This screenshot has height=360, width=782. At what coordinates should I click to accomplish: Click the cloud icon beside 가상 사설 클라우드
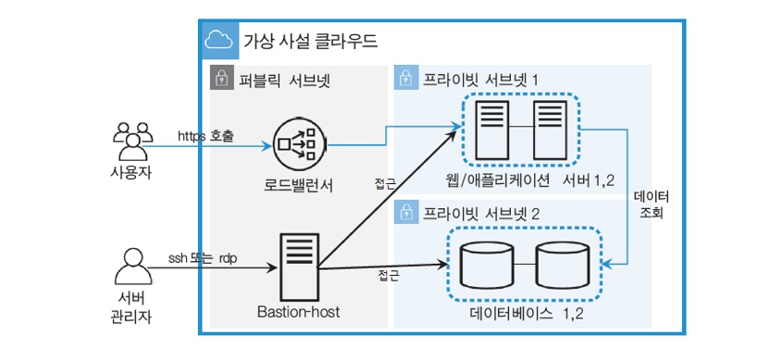click(219, 41)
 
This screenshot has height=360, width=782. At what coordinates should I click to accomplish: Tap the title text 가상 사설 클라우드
click(310, 41)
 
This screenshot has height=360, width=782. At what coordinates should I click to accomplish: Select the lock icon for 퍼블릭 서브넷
click(219, 78)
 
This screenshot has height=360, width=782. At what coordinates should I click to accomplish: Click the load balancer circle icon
click(299, 145)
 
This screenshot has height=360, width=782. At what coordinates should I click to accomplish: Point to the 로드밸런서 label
click(298, 186)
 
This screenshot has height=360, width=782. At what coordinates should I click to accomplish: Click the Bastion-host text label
click(299, 312)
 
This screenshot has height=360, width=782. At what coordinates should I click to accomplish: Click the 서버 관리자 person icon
click(133, 267)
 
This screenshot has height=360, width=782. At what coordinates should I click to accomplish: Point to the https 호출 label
click(205, 136)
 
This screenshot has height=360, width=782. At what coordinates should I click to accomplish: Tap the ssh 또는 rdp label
click(203, 259)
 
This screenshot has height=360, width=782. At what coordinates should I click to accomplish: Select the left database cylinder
click(488, 265)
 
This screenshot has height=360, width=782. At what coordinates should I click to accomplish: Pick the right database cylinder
click(562, 265)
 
